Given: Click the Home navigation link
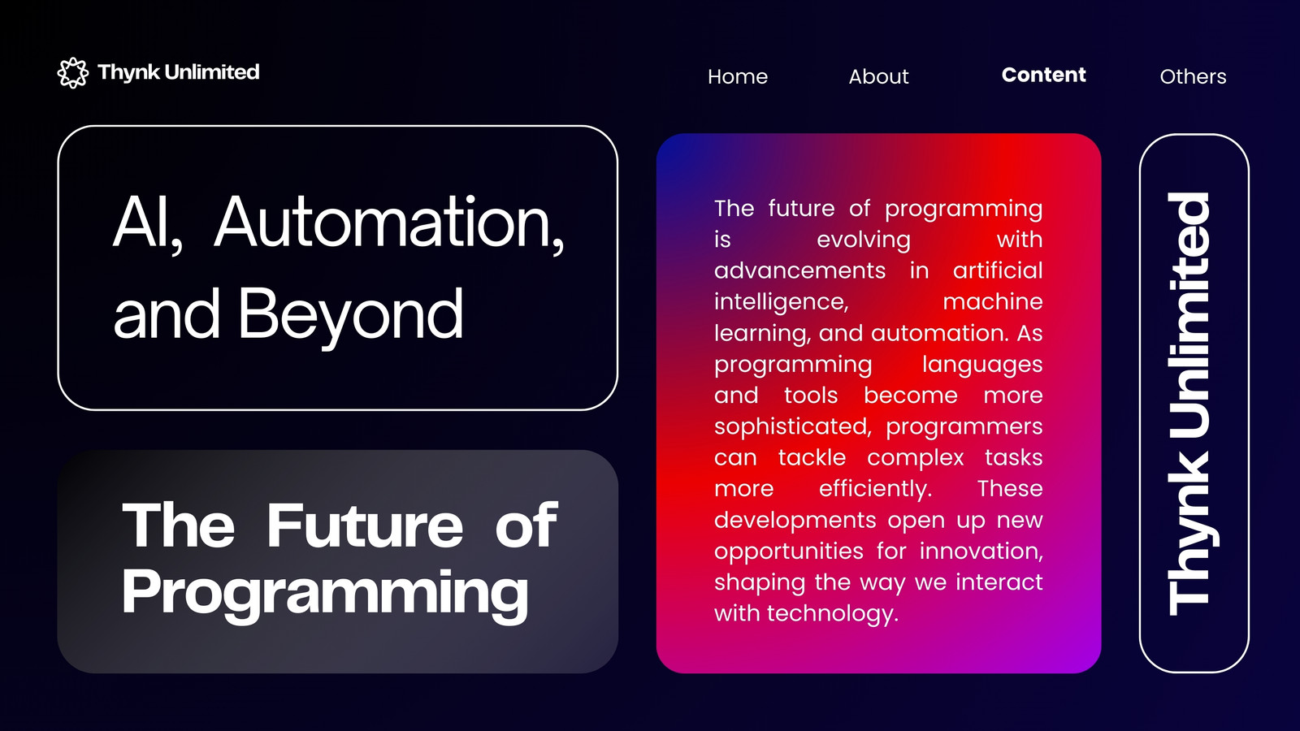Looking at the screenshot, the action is [x=738, y=76].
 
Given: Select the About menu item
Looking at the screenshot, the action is [x=878, y=76].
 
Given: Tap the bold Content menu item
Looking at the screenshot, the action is [x=1043, y=75].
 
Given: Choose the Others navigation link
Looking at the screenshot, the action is [x=1193, y=76].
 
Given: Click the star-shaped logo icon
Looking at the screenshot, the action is [x=73, y=73].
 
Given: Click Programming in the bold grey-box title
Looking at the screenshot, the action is [x=325, y=593].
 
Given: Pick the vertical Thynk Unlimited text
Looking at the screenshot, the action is [x=1189, y=404].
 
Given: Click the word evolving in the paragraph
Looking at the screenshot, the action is [x=864, y=240].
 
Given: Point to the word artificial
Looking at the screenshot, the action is [x=998, y=270].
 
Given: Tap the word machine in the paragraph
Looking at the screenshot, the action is [x=992, y=301].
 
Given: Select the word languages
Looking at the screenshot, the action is [x=982, y=365].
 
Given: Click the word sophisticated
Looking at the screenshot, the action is [x=793, y=427].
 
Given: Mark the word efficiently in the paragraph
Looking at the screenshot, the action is [x=875, y=489].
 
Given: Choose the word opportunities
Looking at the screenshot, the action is [x=789, y=551].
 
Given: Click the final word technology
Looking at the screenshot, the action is [x=833, y=614].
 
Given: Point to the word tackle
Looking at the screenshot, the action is [x=812, y=458].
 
